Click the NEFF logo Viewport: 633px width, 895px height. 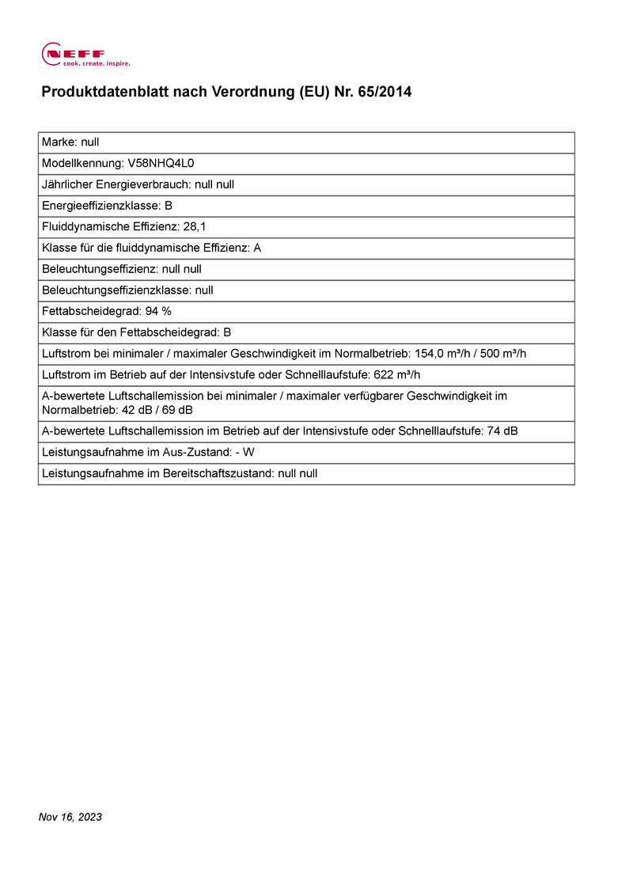tap(85, 55)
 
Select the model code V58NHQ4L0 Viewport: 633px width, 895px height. tap(161, 163)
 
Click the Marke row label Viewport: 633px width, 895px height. tap(59, 142)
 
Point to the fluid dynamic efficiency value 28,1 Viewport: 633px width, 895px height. tap(195, 226)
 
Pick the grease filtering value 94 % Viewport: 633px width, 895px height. tap(158, 311)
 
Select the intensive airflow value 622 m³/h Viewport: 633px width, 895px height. tap(401, 374)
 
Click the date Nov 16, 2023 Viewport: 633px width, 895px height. tap(70, 817)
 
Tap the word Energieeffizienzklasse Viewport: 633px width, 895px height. tap(99, 206)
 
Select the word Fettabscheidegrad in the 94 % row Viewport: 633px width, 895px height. tap(90, 311)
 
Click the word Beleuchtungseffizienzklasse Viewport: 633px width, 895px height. tap(116, 290)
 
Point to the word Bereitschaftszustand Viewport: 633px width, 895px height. tap(213, 473)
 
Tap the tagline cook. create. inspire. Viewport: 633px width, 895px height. tap(97, 63)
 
